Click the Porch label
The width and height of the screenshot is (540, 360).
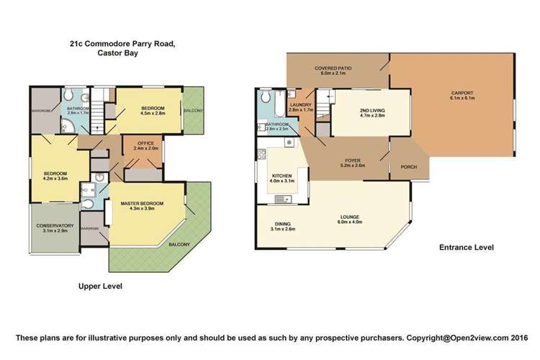[407, 168]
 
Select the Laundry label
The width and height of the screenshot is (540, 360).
[300, 106]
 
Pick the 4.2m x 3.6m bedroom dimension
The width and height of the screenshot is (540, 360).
[56, 179]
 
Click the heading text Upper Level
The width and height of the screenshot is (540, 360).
[100, 286]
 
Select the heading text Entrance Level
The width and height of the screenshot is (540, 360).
[467, 248]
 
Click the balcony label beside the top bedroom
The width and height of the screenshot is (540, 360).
[192, 110]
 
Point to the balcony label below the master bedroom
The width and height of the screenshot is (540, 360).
[179, 245]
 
